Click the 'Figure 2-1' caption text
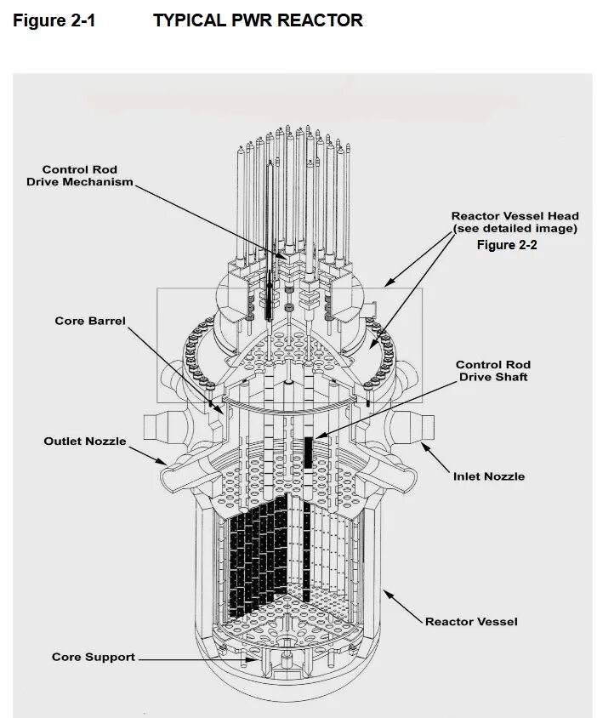point(54,20)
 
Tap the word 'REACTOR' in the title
point(319,20)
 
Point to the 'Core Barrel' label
point(89,321)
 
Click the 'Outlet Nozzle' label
point(85,441)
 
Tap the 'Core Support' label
point(94,657)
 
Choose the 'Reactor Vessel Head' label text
point(515,216)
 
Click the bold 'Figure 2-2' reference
point(507,245)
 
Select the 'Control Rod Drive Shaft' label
point(493,371)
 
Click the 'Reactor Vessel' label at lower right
point(472,622)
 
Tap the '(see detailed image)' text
point(515,228)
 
